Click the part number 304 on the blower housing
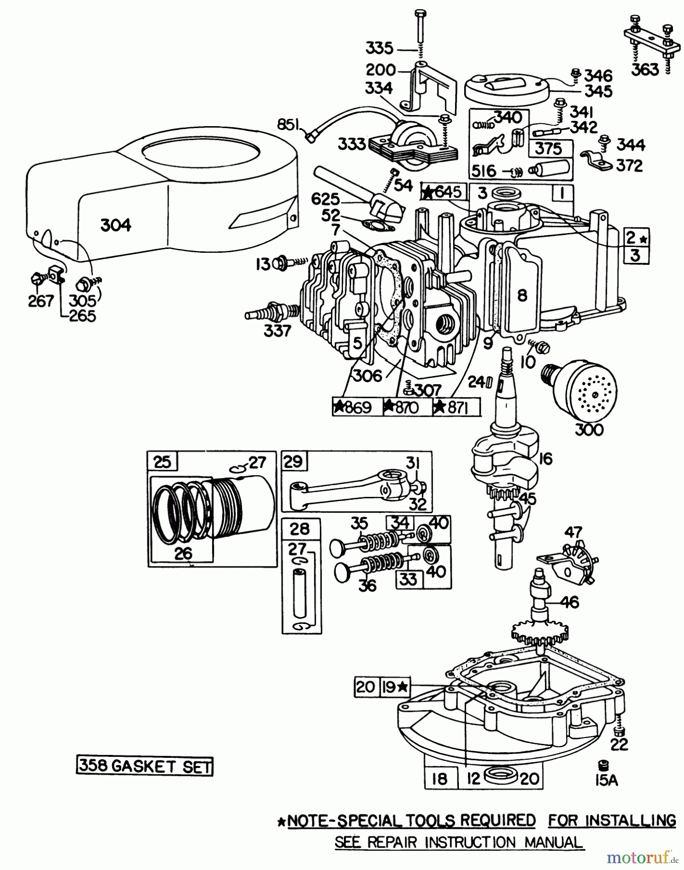click(x=116, y=225)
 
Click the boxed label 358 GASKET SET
click(x=144, y=767)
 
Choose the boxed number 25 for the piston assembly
click(x=162, y=462)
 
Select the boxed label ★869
click(x=356, y=407)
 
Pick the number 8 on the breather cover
click(x=522, y=295)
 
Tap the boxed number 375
click(x=549, y=148)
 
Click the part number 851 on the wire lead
click(x=288, y=125)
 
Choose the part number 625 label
click(x=325, y=199)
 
